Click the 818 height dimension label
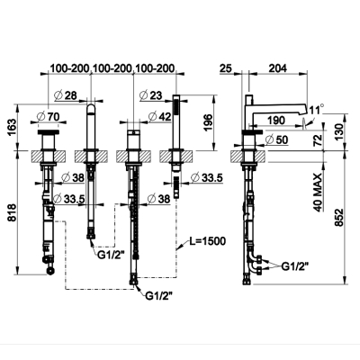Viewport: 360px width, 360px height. point(12,212)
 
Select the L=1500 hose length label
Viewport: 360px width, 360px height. point(207,240)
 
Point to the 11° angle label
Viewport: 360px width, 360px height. point(317,109)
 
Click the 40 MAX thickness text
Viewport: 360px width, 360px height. point(318,192)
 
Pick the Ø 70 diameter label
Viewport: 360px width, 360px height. point(48,115)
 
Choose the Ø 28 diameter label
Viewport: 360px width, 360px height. point(66,95)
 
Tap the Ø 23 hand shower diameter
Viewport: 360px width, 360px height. point(150,95)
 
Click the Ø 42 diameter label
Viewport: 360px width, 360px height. point(159,116)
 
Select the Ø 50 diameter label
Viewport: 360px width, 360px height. point(276,139)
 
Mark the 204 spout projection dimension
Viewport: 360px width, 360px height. point(277,68)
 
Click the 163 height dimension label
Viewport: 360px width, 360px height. point(12,127)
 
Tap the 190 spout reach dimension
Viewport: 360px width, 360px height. point(275,121)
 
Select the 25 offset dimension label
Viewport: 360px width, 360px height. point(226,68)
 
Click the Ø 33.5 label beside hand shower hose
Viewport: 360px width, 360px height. point(207,178)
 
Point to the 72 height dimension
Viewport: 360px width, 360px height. point(318,139)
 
